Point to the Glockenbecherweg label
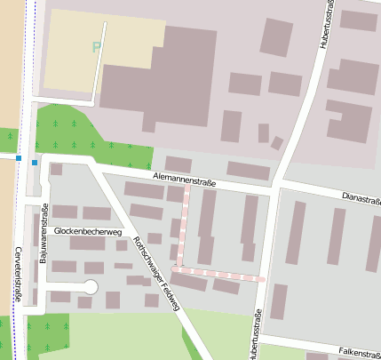87,231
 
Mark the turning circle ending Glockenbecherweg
90,286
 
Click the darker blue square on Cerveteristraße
18,158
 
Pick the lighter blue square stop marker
35,163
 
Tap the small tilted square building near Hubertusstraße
277,143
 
